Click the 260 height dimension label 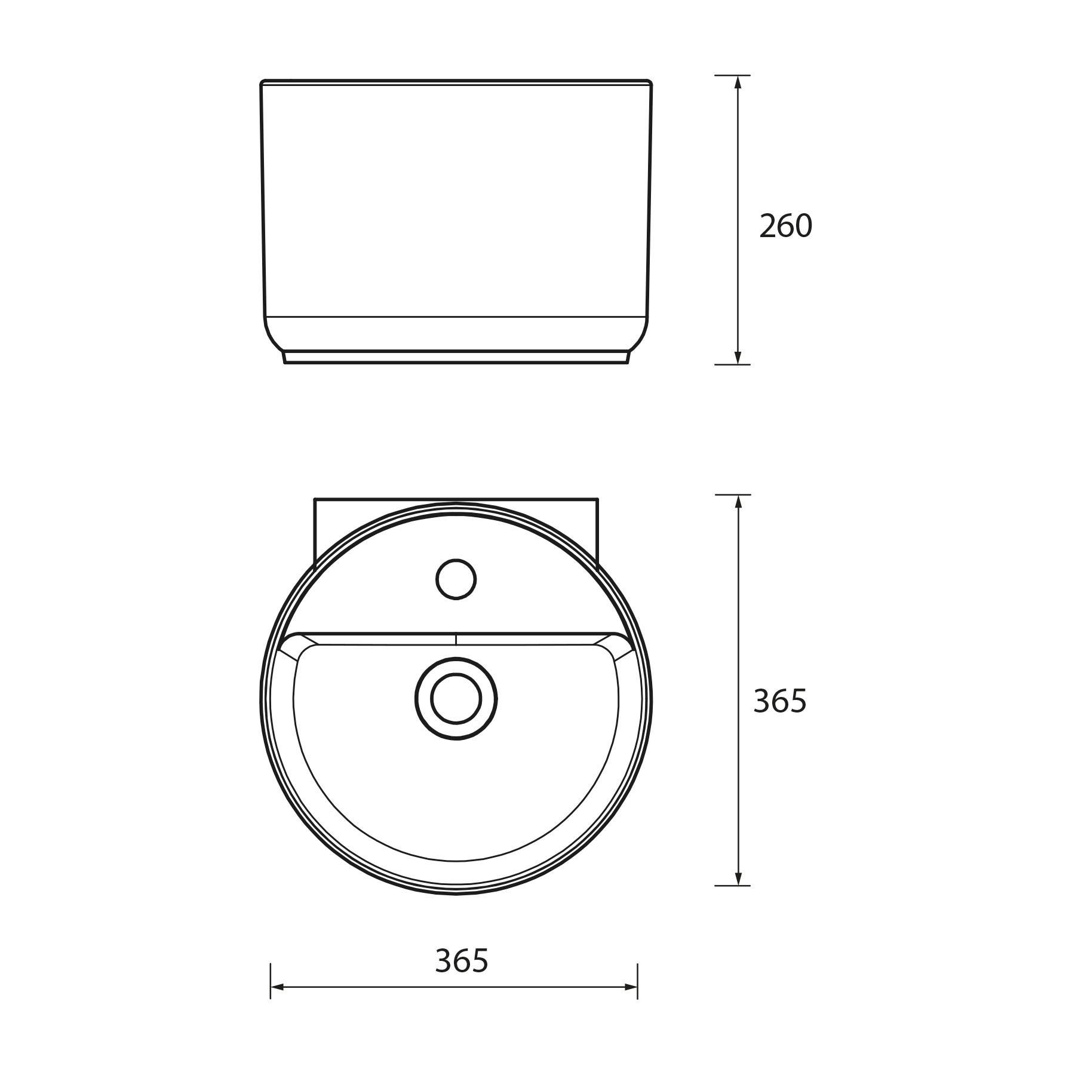pos(785,226)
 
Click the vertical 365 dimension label pos(779,701)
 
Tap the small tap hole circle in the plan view pos(456,579)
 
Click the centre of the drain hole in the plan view pos(456,698)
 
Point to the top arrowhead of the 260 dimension pos(738,82)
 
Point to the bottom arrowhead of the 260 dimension pos(738,357)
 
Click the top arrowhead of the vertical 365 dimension pos(739,502)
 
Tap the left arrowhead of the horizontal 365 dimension pos(277,987)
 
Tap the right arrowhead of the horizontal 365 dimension pos(631,987)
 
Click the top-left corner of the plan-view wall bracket pos(315,499)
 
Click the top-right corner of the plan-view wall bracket pos(597,499)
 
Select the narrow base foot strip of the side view pos(456,357)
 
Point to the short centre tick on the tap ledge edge pos(456,638)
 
